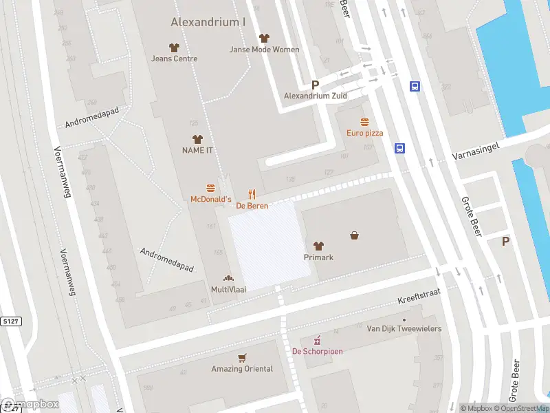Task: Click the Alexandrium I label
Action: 208,22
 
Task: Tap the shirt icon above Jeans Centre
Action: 174,47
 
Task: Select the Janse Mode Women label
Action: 264,50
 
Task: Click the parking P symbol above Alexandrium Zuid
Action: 316,85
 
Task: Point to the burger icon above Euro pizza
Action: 364,122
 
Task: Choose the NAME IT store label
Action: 197,150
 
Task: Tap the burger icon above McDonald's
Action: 210,188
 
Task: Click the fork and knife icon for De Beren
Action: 252,195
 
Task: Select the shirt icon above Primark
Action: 318,246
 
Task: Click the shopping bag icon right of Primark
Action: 355,235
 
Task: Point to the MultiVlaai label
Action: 228,290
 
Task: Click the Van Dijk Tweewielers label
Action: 404,329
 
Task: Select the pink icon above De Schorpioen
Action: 318,340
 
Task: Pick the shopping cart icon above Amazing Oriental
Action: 241,358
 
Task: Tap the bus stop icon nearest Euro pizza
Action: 399,148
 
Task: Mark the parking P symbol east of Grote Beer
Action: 506,241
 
